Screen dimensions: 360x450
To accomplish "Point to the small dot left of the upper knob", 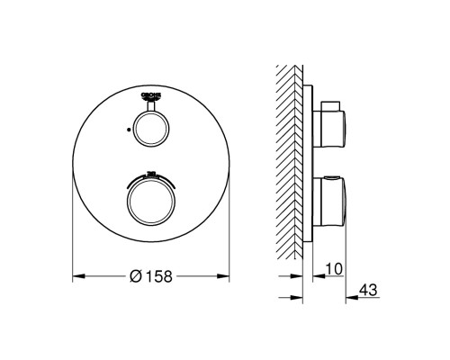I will [x=130, y=130].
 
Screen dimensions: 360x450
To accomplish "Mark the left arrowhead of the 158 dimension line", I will [x=76, y=274].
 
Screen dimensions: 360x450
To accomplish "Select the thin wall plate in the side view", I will [x=311, y=162].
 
